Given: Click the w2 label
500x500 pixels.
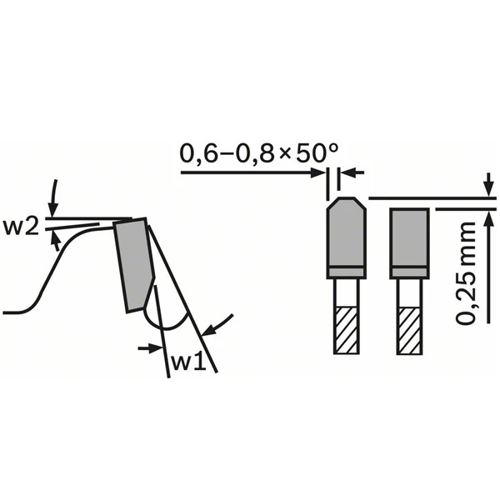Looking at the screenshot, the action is tap(21, 227).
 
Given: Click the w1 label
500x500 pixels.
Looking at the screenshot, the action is tap(188, 362).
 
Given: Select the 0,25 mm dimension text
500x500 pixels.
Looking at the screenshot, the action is tap(465, 273).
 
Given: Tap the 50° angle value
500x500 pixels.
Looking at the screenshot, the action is tap(317, 153).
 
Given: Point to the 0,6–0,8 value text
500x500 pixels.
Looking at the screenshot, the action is tap(227, 154).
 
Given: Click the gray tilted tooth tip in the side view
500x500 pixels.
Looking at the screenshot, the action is tap(134, 265).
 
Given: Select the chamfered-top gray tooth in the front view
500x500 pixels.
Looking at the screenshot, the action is tap(346, 237).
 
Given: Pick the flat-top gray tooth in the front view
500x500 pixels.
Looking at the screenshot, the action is tap(409, 243).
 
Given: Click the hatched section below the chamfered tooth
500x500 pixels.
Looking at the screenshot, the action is tap(346, 330).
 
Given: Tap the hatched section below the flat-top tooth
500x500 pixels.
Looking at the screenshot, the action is tap(409, 330).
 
